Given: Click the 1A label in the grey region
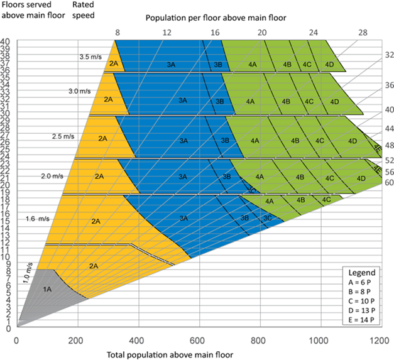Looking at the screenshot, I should click(47, 289).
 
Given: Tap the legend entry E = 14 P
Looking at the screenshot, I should click(363, 320).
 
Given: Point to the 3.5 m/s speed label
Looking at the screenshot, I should click(90, 57).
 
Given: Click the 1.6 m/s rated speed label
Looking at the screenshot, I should click(38, 219).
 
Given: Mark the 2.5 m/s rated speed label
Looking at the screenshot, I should click(63, 135).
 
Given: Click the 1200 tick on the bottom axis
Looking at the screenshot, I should click(379, 341).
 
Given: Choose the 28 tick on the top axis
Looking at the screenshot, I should click(362, 31).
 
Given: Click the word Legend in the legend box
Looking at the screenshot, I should click(362, 273).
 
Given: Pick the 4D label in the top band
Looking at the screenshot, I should click(329, 65).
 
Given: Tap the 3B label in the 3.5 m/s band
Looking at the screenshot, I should click(218, 65).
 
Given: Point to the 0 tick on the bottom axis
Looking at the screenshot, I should click(17, 341).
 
